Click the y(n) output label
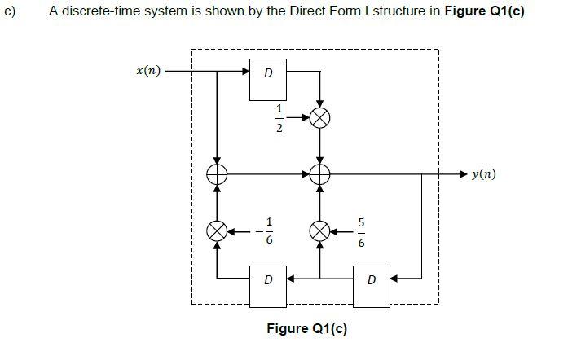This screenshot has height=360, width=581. click(482, 174)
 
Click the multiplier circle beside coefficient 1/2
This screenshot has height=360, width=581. click(320, 118)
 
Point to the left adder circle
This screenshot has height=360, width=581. click(218, 173)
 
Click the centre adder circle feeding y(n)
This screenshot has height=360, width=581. click(320, 173)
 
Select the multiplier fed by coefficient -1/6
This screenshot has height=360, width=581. click(218, 231)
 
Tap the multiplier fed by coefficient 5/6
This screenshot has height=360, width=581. click(320, 231)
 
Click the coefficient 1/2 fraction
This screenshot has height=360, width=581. click(279, 119)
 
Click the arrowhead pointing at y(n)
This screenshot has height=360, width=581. click(462, 174)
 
